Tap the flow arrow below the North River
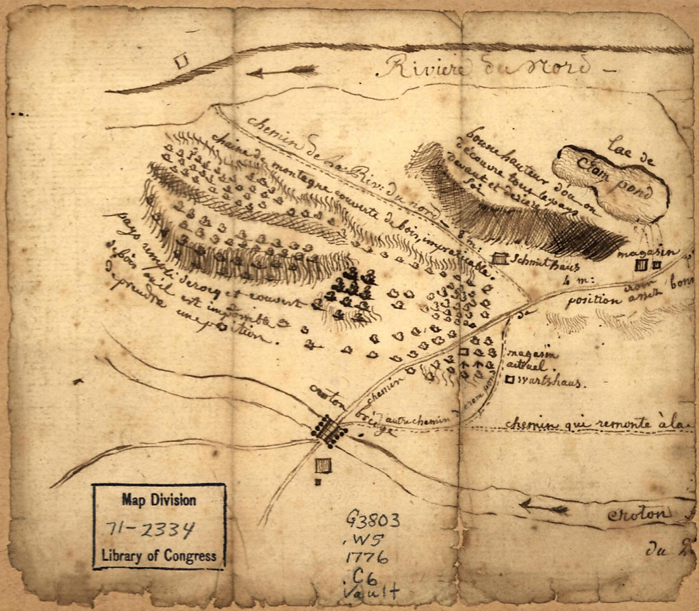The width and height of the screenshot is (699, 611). (282, 71)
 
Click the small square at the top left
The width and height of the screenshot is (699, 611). (182, 61)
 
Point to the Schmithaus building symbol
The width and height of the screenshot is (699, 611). (500, 259)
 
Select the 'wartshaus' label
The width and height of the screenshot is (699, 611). (550, 382)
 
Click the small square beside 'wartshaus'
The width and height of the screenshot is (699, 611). (510, 380)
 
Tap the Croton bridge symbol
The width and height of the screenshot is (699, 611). (330, 430)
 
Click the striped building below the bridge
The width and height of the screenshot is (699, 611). (323, 466)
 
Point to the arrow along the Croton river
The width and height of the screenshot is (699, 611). (544, 507)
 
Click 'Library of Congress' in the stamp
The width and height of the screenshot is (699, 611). (159, 555)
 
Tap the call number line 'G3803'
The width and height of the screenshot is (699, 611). (372, 521)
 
